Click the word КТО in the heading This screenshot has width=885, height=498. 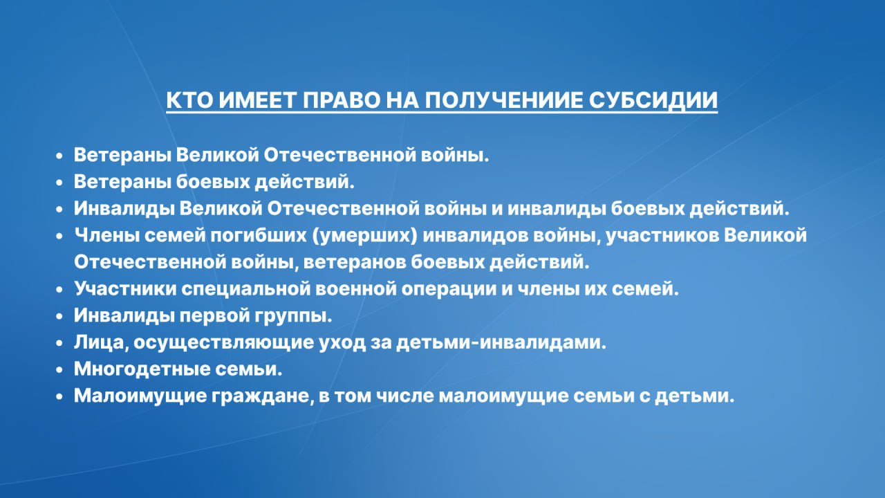pos(189,100)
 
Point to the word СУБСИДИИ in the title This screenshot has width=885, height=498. pos(653,100)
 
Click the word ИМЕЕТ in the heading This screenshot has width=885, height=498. pos(257,100)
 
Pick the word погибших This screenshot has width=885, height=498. pos(258,236)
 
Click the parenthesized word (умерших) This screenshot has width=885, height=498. pos(364,236)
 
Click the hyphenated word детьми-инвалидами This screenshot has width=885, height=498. pos(501,342)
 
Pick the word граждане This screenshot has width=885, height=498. pos(262,396)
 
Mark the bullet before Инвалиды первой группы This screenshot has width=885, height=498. pos(59,317)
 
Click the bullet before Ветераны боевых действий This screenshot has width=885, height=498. pos(59,183)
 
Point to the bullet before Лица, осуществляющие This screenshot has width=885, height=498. pos(59,343)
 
